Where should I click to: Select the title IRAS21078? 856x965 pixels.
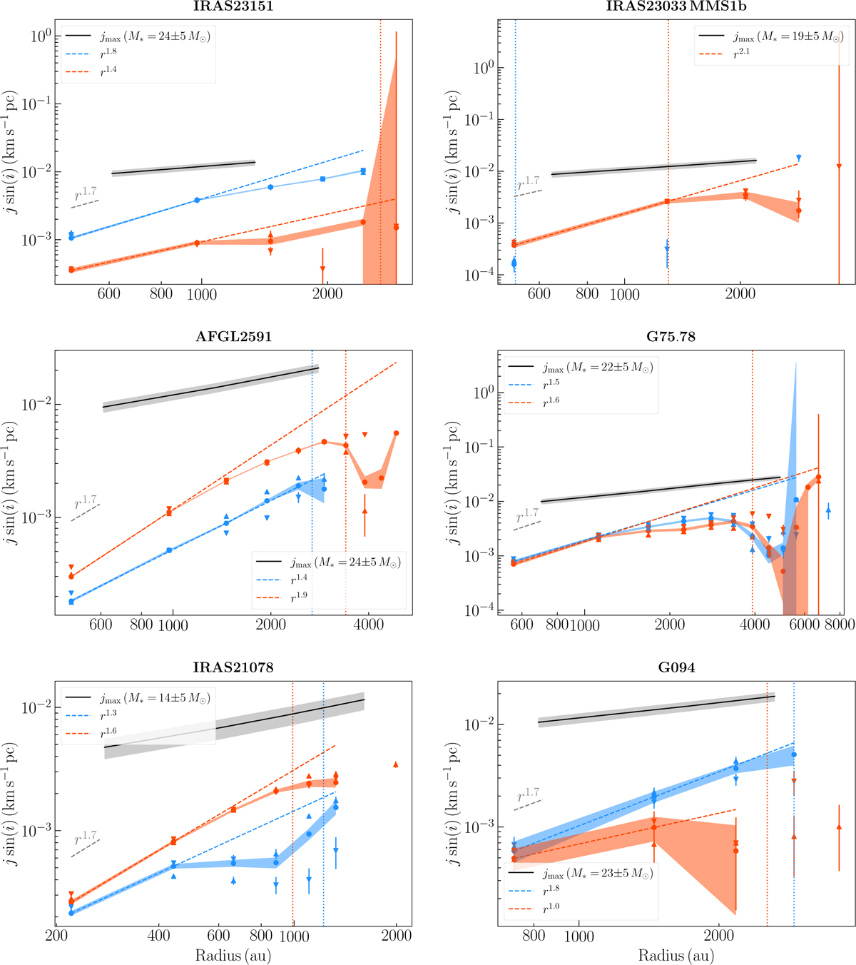pyautogui.click(x=233, y=668)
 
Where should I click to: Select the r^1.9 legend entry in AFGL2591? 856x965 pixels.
pyautogui.click(x=299, y=596)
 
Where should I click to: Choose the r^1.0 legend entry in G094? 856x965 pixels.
pyautogui.click(x=551, y=908)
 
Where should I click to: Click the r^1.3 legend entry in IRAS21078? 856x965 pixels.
pyautogui.click(x=108, y=714)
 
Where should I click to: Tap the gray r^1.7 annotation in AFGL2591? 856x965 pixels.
pyautogui.click(x=85, y=503)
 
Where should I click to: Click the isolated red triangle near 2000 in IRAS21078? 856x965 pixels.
pyautogui.click(x=396, y=764)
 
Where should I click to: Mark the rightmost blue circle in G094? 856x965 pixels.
pyautogui.click(x=794, y=754)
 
